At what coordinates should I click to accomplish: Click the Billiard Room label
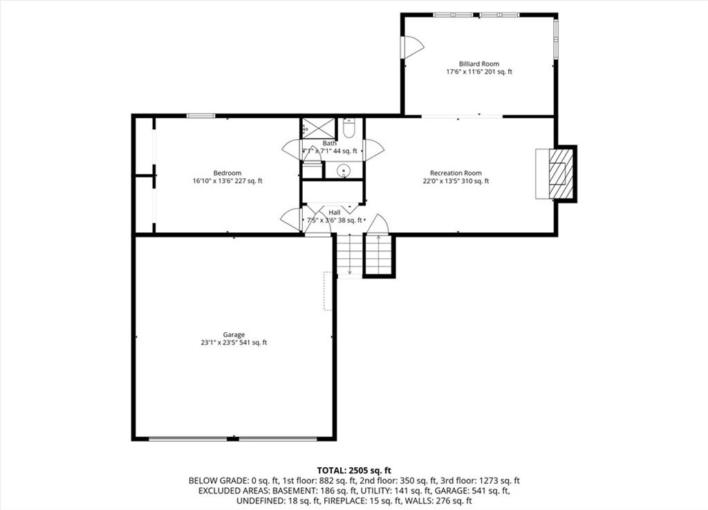click(x=479, y=64)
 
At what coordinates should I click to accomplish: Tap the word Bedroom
click(x=227, y=173)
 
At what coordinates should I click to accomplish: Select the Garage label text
click(x=234, y=334)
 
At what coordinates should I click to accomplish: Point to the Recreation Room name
click(x=456, y=173)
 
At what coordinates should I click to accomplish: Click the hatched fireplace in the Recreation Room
click(x=561, y=173)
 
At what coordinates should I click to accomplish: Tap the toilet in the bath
click(x=349, y=129)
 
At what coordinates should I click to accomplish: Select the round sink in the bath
click(x=344, y=171)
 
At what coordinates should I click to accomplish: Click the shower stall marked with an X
click(x=319, y=128)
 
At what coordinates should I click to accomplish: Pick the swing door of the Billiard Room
click(x=412, y=46)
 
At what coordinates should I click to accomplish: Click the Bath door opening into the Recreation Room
click(x=374, y=150)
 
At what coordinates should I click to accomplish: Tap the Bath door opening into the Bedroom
click(x=292, y=150)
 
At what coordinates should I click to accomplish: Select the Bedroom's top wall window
click(x=201, y=116)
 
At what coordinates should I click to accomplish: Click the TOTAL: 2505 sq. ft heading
click(x=354, y=471)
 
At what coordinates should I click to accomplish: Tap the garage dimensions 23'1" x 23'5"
click(x=218, y=343)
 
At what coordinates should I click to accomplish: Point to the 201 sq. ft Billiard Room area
click(x=499, y=71)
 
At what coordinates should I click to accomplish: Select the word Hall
click(x=335, y=212)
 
